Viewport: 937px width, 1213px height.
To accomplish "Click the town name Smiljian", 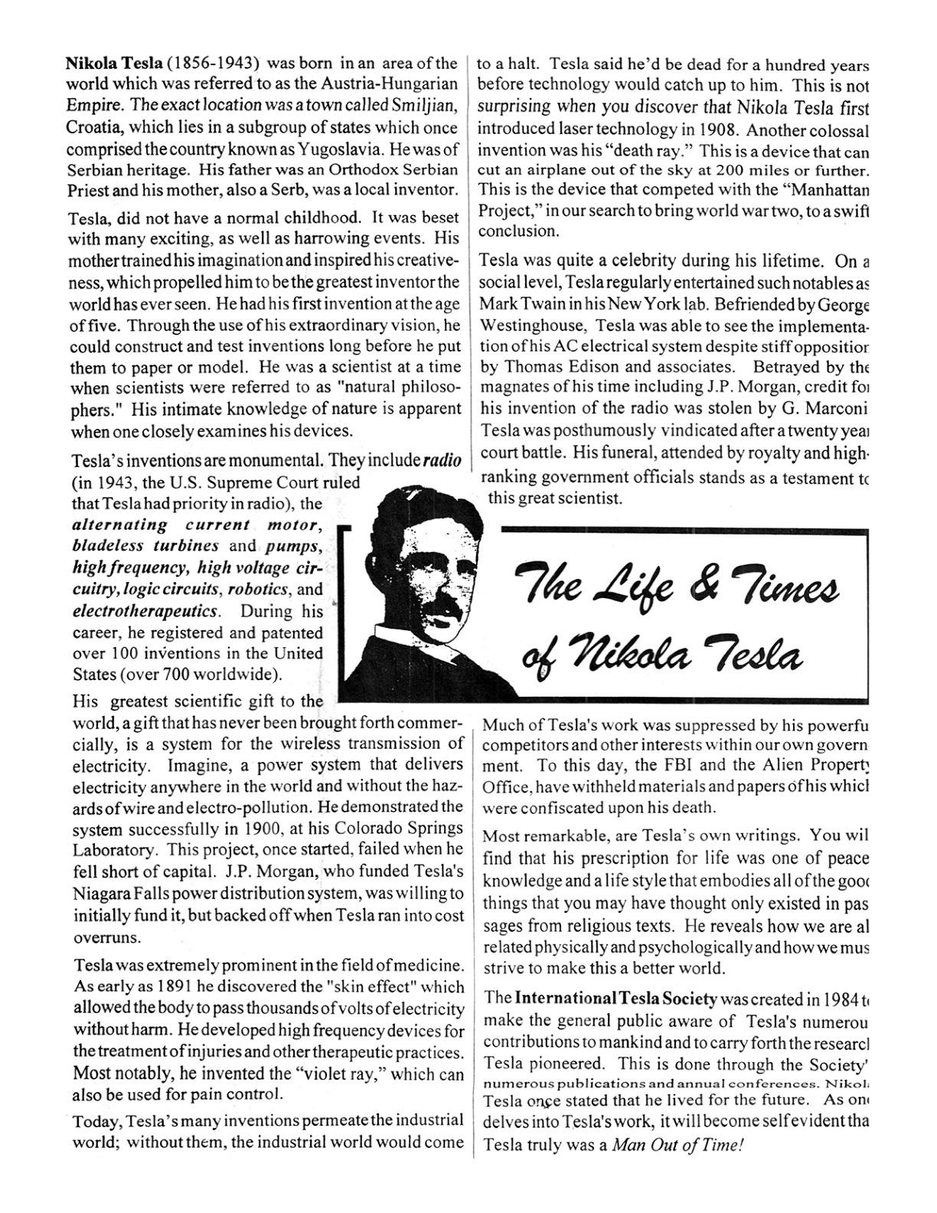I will pos(422,106).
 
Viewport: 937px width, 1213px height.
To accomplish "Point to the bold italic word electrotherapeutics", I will pos(146,611).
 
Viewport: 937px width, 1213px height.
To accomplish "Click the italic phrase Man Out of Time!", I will pos(677,1146).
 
